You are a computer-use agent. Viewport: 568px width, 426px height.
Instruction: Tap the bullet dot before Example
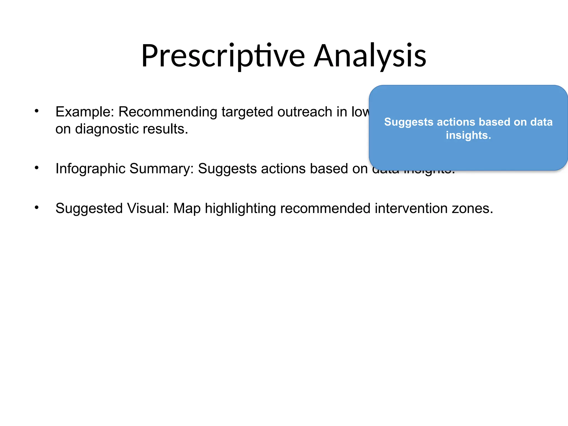pyautogui.click(x=37, y=111)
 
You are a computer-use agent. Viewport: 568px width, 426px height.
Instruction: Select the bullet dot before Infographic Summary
pyautogui.click(x=37, y=168)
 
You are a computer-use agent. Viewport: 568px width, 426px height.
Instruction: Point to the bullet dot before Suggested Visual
pyautogui.click(x=37, y=208)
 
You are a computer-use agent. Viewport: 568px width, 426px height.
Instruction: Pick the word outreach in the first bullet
pyautogui.click(x=305, y=112)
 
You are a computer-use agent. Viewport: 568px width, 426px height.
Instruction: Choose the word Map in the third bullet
pyautogui.click(x=187, y=208)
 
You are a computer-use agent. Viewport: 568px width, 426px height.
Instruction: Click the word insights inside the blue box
pyautogui.click(x=468, y=135)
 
